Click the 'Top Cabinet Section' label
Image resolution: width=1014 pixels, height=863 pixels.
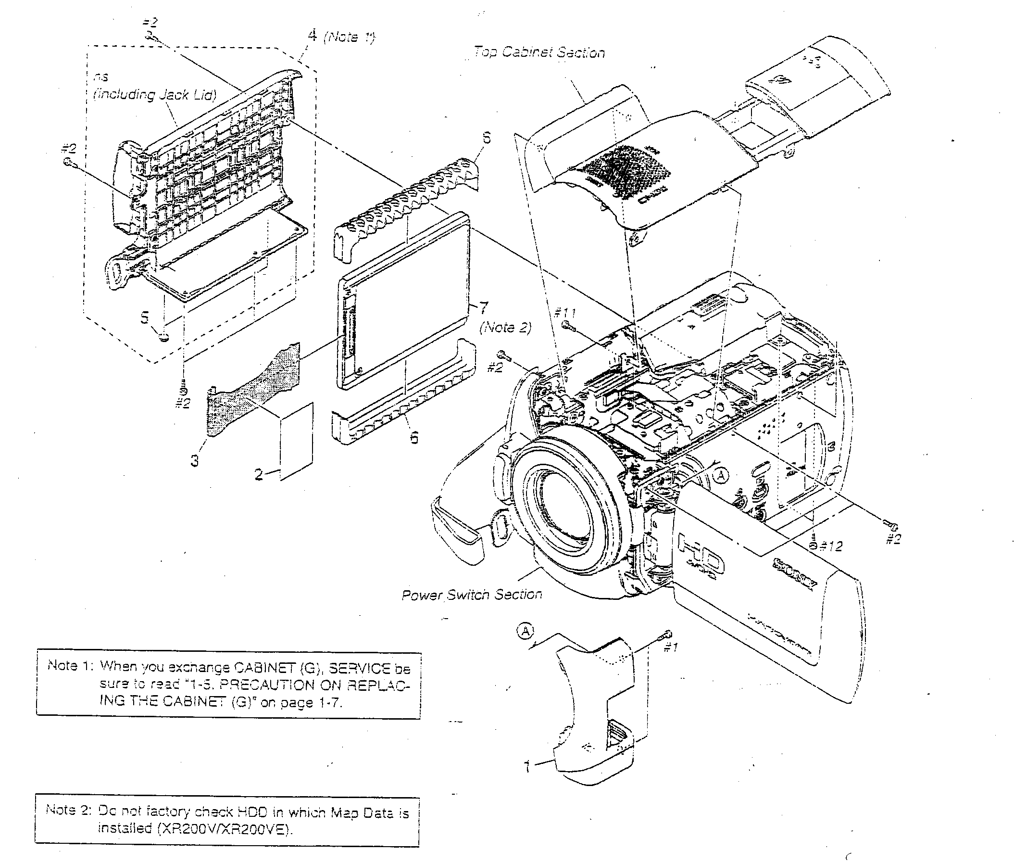point(539,52)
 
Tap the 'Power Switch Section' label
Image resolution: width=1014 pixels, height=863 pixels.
point(471,595)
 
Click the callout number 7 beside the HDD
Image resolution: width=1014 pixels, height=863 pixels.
point(483,308)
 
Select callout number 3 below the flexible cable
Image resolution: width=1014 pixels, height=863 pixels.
point(195,460)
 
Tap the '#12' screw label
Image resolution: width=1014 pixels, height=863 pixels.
point(831,546)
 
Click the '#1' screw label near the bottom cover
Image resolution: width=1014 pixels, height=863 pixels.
point(670,647)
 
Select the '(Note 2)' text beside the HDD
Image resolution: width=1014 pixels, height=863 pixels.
point(505,327)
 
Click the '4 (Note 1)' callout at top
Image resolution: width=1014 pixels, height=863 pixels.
point(341,36)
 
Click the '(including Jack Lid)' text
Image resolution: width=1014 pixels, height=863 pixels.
point(154,94)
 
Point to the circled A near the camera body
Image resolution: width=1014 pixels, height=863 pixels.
point(721,475)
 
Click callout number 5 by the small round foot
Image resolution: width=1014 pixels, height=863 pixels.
point(144,318)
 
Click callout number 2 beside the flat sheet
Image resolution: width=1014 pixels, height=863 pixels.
point(259,473)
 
